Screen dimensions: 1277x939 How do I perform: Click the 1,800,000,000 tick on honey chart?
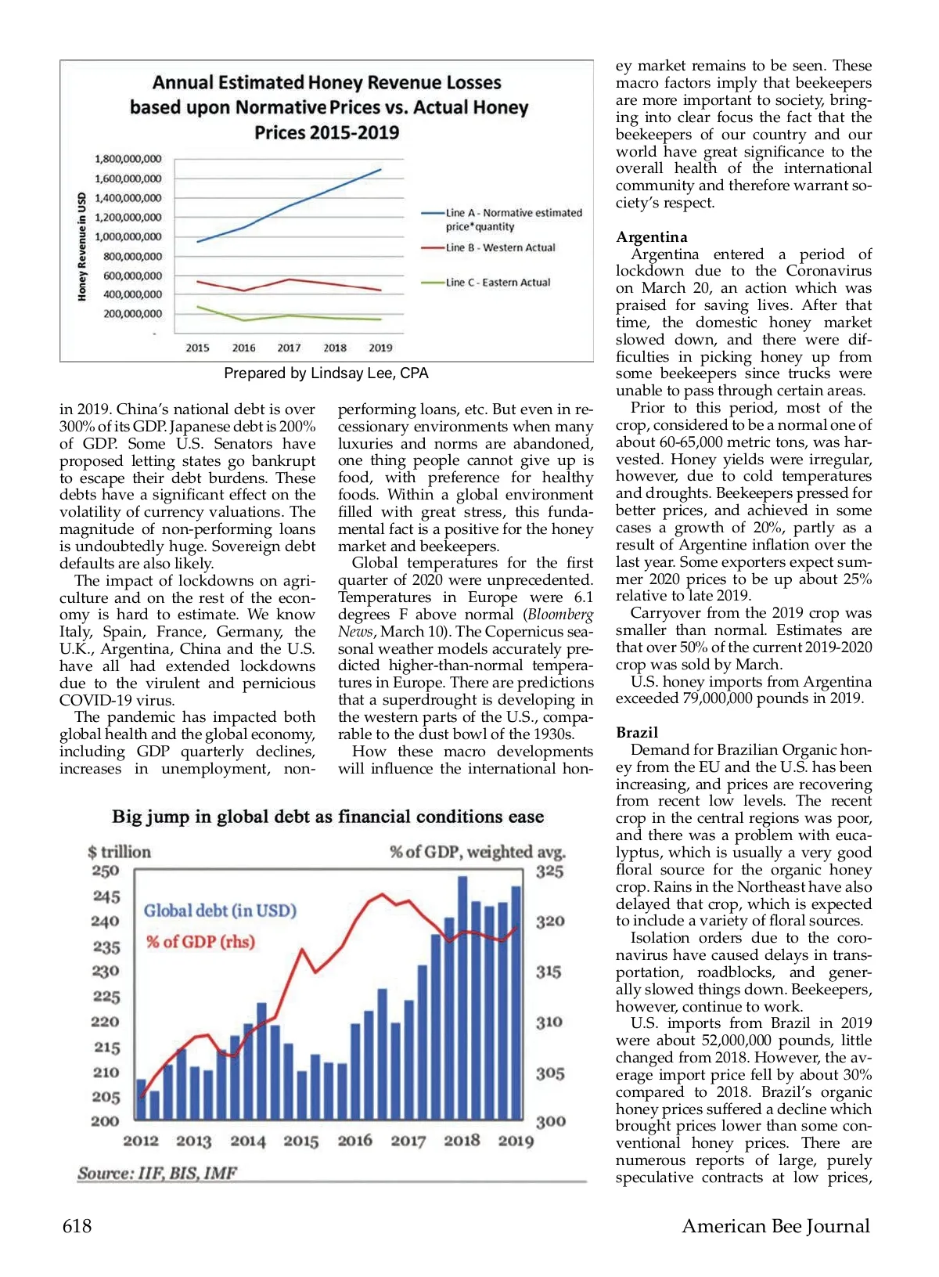pyautogui.click(x=128, y=159)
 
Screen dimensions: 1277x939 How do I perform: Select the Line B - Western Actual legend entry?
pyautogui.click(x=500, y=247)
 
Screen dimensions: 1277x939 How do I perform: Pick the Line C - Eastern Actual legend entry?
pyautogui.click(x=498, y=282)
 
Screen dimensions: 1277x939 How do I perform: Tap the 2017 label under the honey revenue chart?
pyautogui.click(x=289, y=348)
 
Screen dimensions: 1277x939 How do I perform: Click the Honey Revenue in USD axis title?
pyautogui.click(x=81, y=247)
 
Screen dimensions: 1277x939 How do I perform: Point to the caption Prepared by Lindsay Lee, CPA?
pyautogui.click(x=326, y=373)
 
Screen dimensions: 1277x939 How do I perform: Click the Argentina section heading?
pyautogui.click(x=651, y=237)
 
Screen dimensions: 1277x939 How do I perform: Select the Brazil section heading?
pyautogui.click(x=637, y=733)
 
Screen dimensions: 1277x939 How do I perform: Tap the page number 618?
pyautogui.click(x=77, y=1226)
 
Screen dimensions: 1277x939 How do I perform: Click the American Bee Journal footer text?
pyautogui.click(x=775, y=1226)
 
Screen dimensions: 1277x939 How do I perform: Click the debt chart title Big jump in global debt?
pyautogui.click(x=328, y=817)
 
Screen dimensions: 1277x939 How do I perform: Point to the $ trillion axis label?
pyautogui.click(x=119, y=852)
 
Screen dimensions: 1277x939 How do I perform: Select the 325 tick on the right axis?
pyautogui.click(x=550, y=871)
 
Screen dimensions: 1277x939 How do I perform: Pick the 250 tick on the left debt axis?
pyautogui.click(x=106, y=871)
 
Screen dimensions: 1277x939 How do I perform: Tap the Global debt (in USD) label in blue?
pyautogui.click(x=220, y=911)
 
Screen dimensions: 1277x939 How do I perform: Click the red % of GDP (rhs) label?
pyautogui.click(x=200, y=941)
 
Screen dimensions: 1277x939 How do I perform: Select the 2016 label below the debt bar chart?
pyautogui.click(x=354, y=1141)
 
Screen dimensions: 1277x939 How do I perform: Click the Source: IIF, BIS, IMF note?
pyautogui.click(x=156, y=1173)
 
